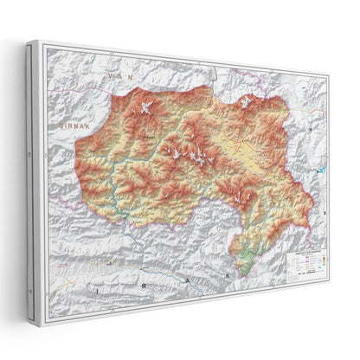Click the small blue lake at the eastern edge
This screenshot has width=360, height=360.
[322, 170]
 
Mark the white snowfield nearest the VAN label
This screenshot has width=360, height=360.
[145, 106]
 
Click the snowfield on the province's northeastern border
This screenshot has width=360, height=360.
[247, 101]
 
